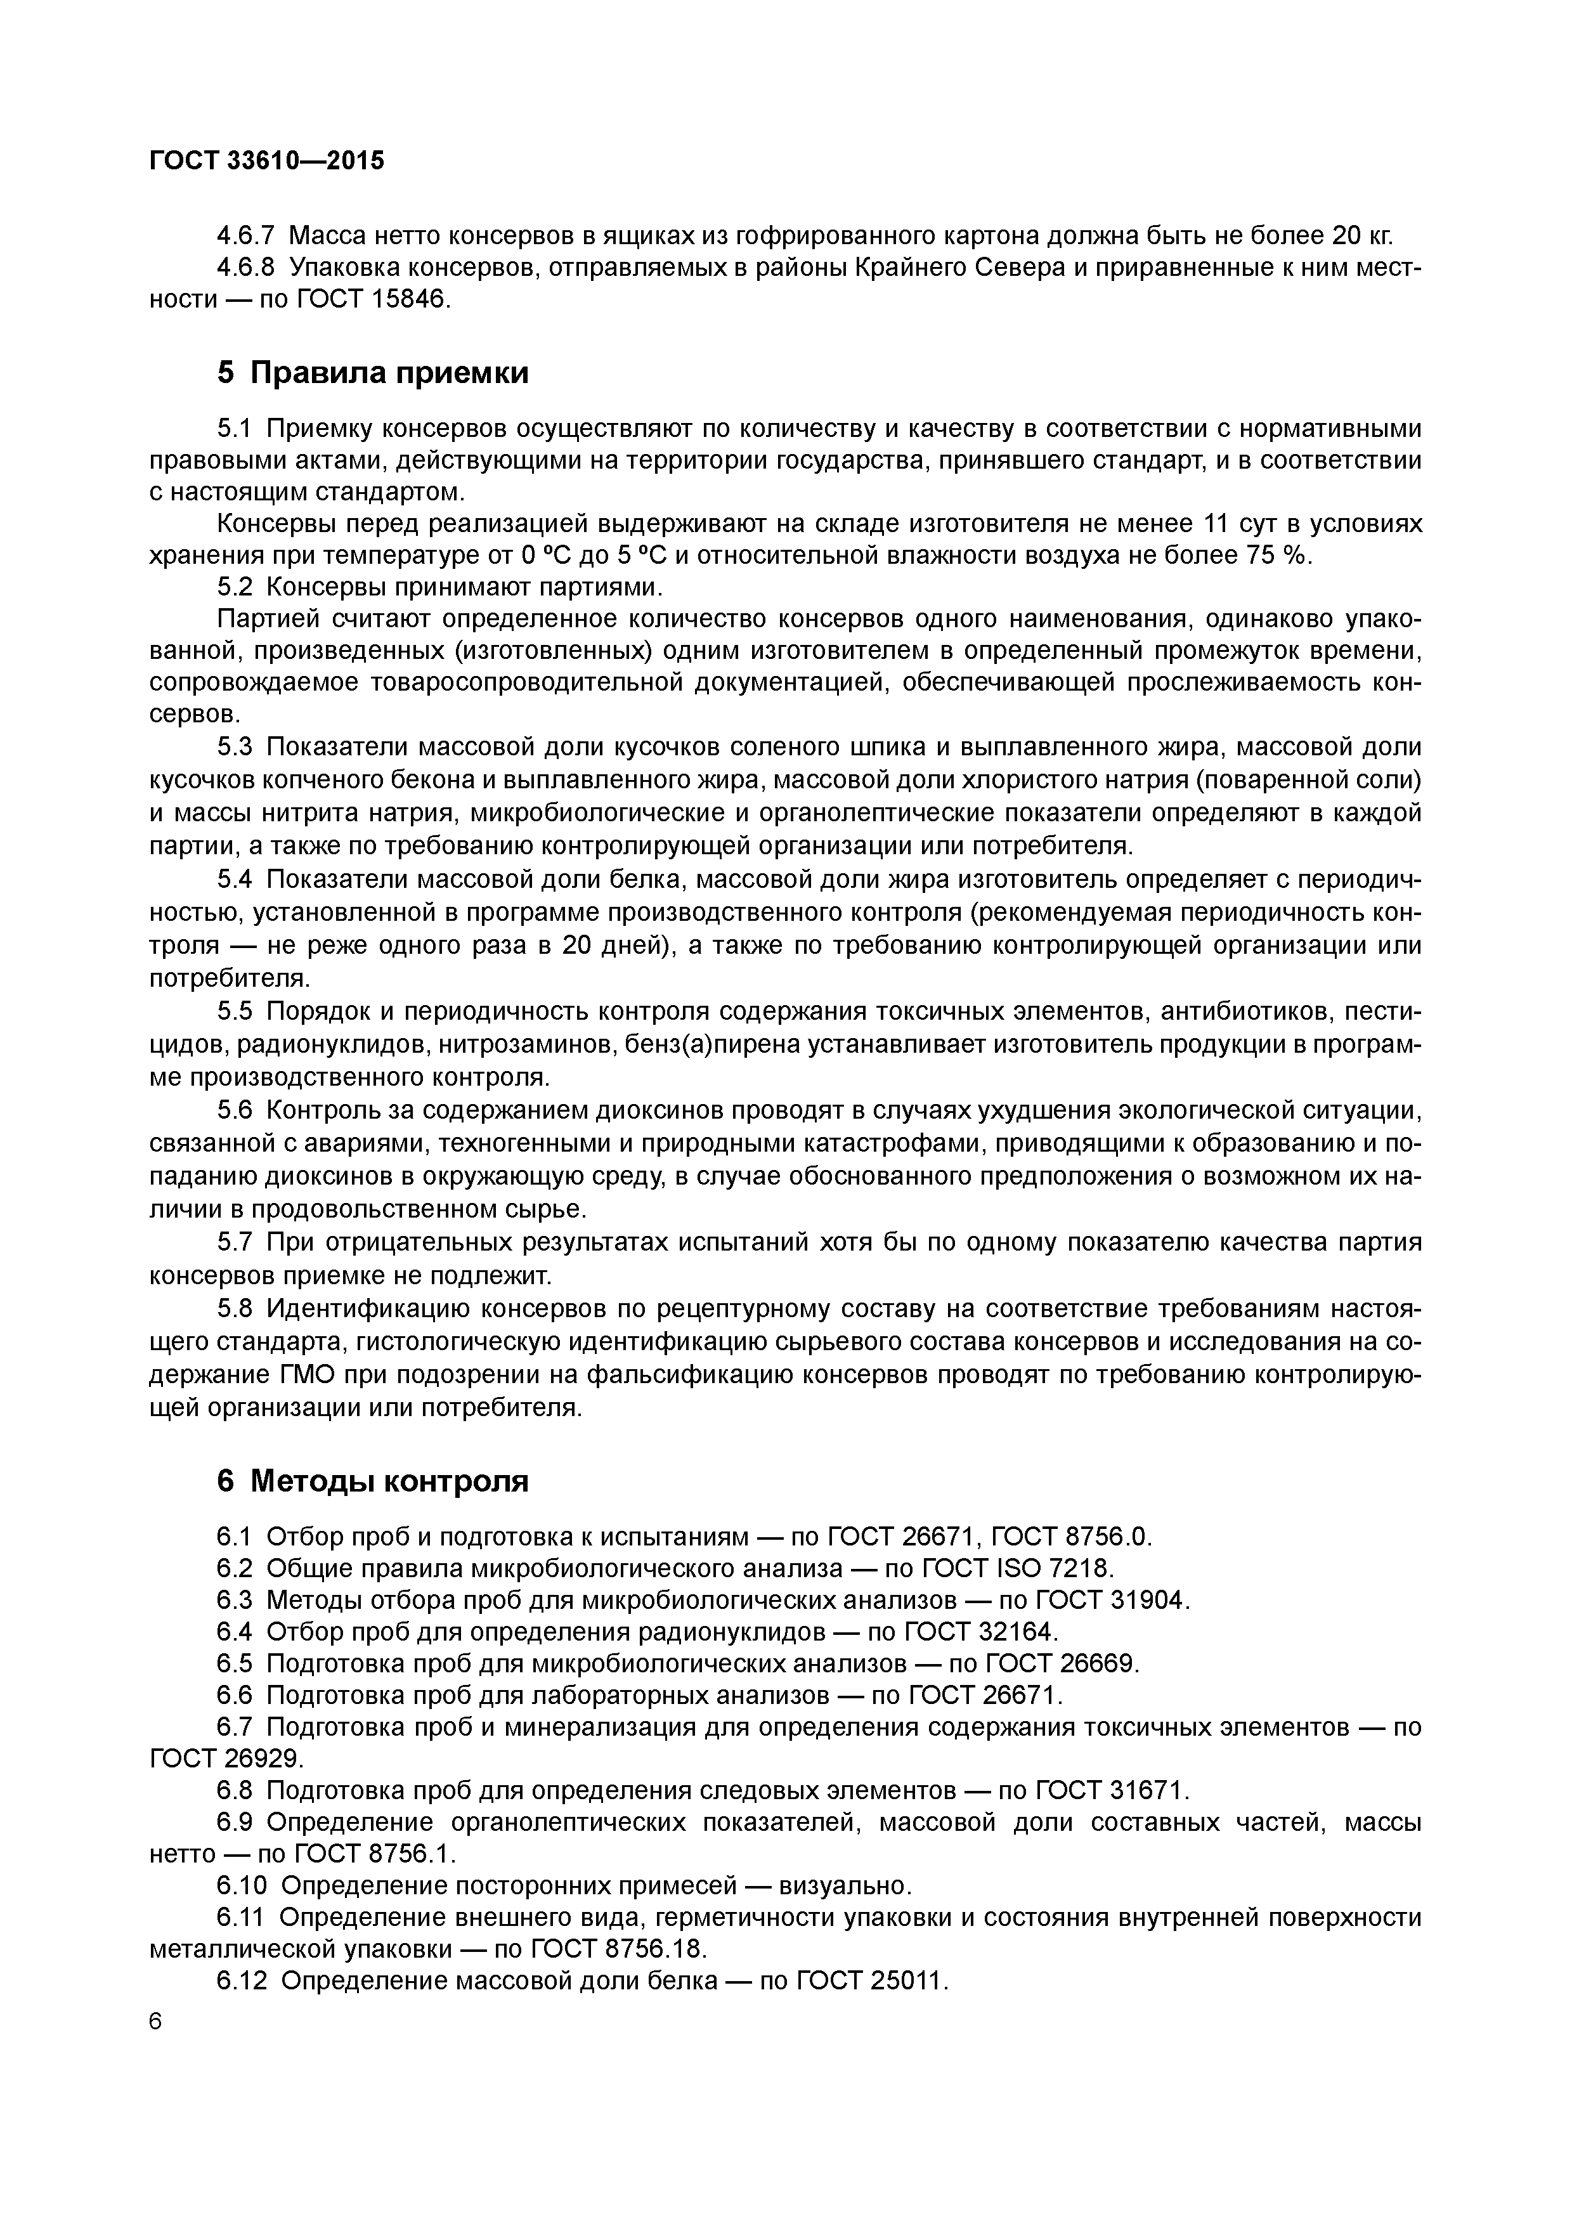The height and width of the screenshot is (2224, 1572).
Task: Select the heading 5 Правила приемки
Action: [373, 372]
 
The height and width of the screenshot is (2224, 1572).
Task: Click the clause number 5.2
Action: [235, 587]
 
